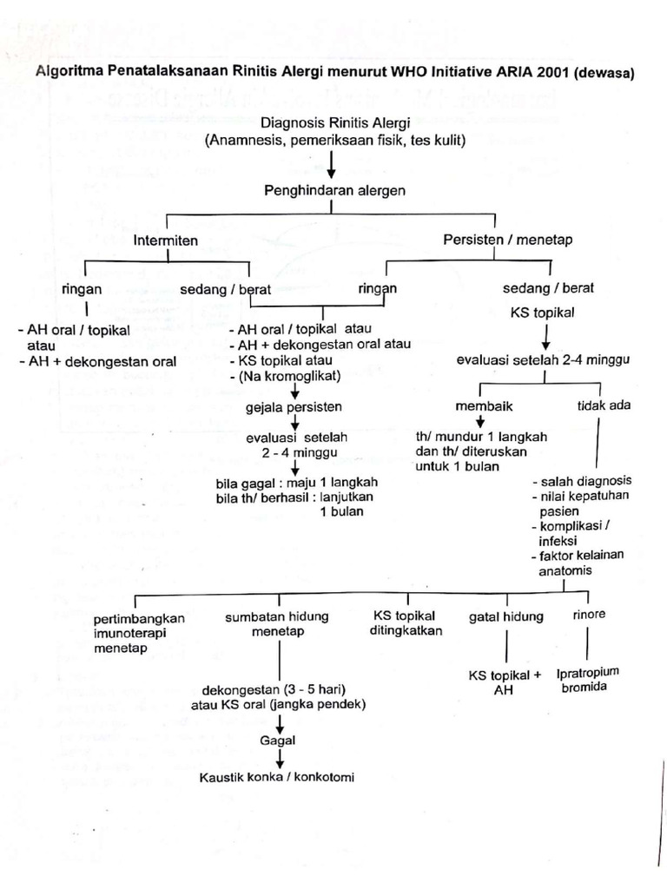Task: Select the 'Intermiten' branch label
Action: click(x=166, y=240)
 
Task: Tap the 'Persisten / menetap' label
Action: click(x=495, y=240)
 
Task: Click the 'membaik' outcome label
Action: click(x=480, y=406)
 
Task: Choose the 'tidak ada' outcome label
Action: click(x=604, y=406)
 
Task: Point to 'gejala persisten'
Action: click(x=294, y=406)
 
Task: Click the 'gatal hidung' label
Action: click(x=506, y=616)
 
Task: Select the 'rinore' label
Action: click(x=589, y=615)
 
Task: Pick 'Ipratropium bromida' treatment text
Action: click(x=594, y=680)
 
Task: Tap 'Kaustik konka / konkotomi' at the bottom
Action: click(x=277, y=777)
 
